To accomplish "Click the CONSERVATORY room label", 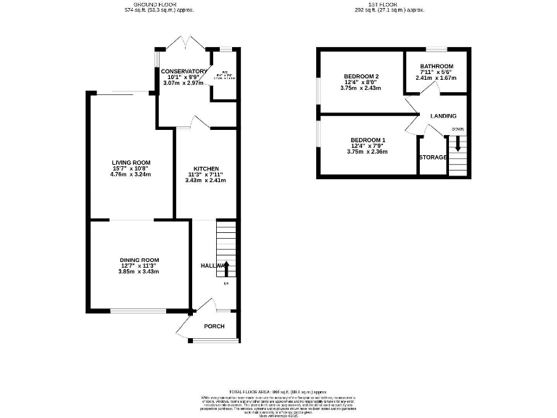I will point(183,71).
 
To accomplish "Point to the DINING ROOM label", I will point(139,260).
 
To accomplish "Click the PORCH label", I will point(214,326).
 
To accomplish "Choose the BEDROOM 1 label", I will point(368,139).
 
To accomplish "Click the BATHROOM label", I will point(437,66).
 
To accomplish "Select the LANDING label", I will point(443,116).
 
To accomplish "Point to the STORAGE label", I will point(432,157).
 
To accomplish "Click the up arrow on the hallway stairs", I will point(226,269).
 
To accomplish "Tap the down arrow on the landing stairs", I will point(457,143).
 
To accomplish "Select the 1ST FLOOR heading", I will point(389,4).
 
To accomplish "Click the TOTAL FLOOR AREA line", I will point(278,390).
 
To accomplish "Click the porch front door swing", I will point(184,325).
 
